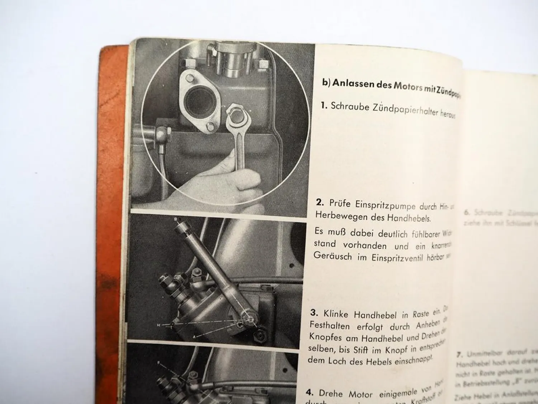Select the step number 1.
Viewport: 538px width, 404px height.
coord(324,106)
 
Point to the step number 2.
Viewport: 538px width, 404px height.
coord(320,202)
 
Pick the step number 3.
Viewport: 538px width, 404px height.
coord(314,312)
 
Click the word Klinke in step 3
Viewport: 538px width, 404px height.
coord(336,314)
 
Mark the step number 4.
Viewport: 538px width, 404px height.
coord(310,393)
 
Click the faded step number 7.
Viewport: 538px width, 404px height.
coord(459,354)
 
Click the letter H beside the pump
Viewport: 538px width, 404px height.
coord(158,325)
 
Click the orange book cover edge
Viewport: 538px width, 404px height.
coord(113,180)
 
